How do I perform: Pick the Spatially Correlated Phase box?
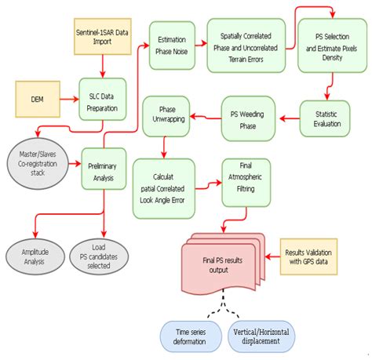pos(246,45)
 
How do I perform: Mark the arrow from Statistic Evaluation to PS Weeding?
pos(288,118)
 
